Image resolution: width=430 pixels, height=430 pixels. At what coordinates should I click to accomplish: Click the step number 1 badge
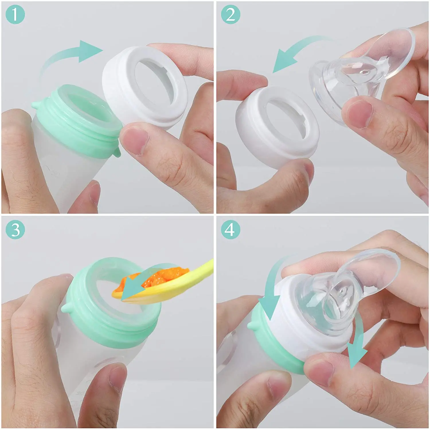pyautogui.click(x=15, y=15)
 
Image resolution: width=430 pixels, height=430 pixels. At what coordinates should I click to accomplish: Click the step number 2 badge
pyautogui.click(x=230, y=14)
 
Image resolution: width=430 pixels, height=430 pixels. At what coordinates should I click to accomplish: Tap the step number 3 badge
pyautogui.click(x=15, y=230)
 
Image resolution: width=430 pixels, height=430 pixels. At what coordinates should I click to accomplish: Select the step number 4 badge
pyautogui.click(x=230, y=230)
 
